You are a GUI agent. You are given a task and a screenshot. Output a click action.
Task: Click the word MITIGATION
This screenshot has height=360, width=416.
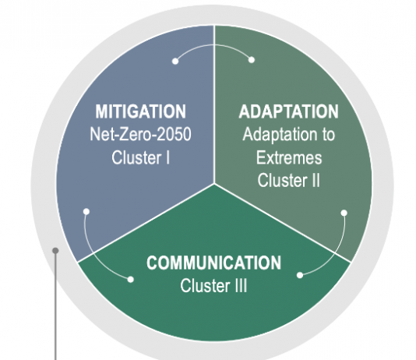coord(140,111)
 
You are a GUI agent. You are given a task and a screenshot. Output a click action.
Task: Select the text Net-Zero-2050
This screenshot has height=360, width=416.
coord(140,134)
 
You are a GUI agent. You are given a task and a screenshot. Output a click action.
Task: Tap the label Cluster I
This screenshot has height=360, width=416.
coord(140,157)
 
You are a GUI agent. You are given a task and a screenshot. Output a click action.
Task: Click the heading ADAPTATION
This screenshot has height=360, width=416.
coord(289,111)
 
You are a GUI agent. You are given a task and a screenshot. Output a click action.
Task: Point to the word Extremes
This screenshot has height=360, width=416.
coord(289,157)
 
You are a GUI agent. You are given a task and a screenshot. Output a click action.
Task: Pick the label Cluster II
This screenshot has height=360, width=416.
coord(289,181)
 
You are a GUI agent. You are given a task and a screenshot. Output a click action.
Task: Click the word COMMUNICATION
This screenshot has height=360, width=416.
coord(213,263)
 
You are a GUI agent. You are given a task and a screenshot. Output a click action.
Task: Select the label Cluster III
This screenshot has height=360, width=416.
coord(213,286)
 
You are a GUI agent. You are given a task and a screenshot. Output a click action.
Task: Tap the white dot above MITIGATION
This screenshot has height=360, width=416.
coord(175,62)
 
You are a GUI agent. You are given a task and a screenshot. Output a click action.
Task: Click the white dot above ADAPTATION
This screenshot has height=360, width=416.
coord(252,60)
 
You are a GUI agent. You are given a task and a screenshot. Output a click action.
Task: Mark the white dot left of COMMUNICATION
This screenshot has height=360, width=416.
coord(131,280)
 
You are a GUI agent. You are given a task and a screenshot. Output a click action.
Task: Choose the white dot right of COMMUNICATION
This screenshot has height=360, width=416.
coord(300,275)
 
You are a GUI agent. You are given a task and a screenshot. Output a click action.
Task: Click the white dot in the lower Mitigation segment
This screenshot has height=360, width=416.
coord(86,211)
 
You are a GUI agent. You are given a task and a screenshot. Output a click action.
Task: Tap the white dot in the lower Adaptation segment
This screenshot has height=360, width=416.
coord(344,213)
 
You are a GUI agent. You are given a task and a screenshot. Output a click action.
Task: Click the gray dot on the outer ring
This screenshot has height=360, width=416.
coord(55,250)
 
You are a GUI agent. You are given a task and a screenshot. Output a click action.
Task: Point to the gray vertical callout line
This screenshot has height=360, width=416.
coord(55,305)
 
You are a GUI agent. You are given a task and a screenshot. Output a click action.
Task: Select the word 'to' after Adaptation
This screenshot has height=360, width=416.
coord(328,135)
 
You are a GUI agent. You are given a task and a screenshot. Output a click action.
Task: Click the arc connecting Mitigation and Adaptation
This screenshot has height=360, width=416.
coord(213,45)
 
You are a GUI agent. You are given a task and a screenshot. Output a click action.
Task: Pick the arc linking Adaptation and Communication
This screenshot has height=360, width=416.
coord(337,252)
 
